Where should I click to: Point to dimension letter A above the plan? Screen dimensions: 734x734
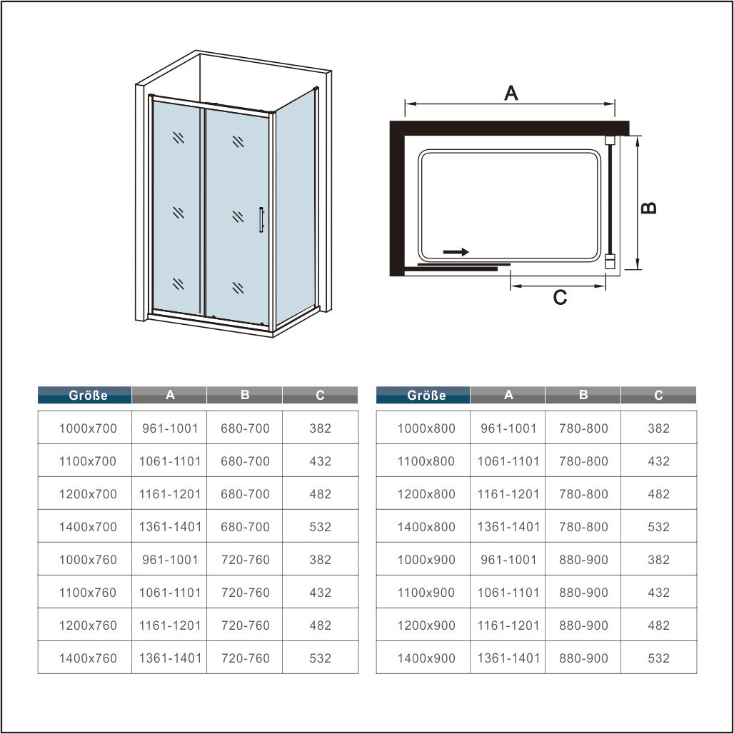(x=511, y=93)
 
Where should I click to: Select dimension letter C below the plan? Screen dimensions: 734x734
(x=560, y=298)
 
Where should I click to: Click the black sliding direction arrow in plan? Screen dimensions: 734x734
(x=456, y=252)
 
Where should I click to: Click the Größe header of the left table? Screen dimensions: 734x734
(x=85, y=395)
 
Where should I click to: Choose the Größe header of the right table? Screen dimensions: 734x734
(x=423, y=395)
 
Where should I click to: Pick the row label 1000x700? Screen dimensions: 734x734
(x=87, y=428)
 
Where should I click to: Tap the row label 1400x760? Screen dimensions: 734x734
(x=87, y=658)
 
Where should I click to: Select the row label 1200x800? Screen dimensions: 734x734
(x=426, y=494)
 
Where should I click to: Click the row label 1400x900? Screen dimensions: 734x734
(x=426, y=658)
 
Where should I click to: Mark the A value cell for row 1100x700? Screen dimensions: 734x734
(x=169, y=461)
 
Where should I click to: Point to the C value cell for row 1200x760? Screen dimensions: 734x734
(x=321, y=625)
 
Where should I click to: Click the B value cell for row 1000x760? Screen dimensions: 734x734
(x=245, y=560)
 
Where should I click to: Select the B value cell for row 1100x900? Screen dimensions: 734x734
(x=583, y=593)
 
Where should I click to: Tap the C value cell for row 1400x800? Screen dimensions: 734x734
(x=659, y=527)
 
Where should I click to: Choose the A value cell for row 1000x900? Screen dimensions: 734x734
(x=508, y=560)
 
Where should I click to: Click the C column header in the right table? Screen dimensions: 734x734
(x=659, y=395)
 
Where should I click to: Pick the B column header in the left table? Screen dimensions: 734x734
(x=245, y=395)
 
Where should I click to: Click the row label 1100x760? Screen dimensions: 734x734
(x=87, y=593)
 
